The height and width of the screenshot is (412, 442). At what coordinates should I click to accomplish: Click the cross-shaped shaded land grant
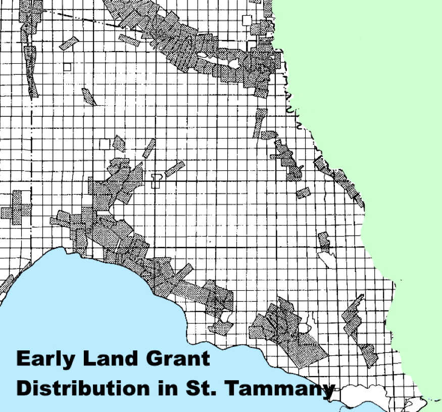pyautogui.click(x=17, y=208)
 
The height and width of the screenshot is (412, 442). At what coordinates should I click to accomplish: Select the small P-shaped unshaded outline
pyautogui.click(x=156, y=180)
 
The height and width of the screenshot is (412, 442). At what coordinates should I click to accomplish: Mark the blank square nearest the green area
pyautogui.click(x=247, y=20)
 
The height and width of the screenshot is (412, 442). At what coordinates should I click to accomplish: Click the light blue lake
pyautogui.click(x=76, y=303)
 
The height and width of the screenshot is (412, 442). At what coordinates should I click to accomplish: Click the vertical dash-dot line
pyautogui.click(x=31, y=152)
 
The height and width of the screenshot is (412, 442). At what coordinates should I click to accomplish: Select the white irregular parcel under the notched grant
pyautogui.click(x=326, y=259)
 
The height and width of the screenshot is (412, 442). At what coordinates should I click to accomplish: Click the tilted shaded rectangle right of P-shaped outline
pyautogui.click(x=174, y=168)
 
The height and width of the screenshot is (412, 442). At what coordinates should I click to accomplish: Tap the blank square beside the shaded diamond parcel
pyautogui.click(x=105, y=144)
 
